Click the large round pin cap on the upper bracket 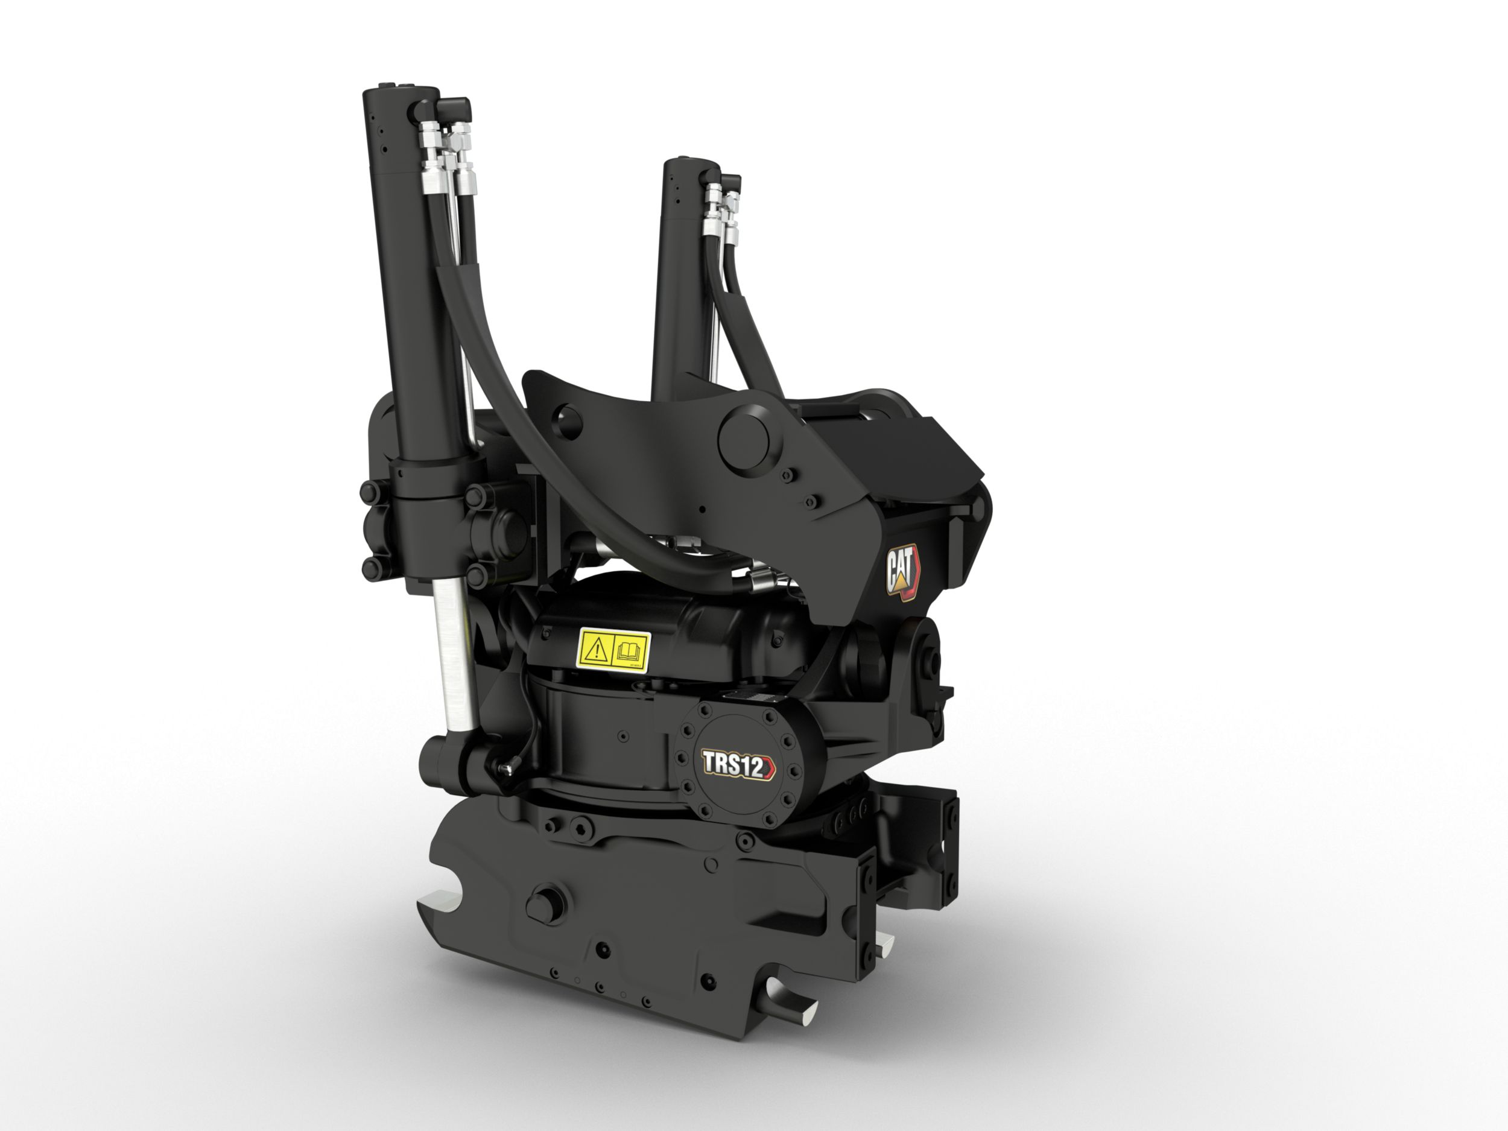point(750,436)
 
